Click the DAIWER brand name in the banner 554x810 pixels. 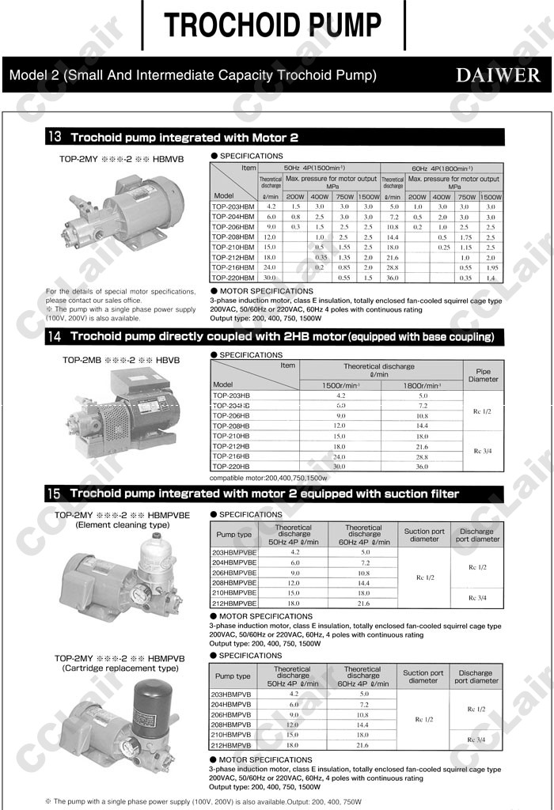click(x=498, y=76)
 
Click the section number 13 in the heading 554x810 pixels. click(x=55, y=137)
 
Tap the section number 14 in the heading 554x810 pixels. click(x=55, y=337)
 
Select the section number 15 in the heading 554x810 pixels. click(x=55, y=494)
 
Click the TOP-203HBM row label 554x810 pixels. click(x=233, y=206)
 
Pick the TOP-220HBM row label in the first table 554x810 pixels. click(x=233, y=278)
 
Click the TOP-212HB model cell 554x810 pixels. click(x=231, y=446)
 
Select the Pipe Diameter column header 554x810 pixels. click(x=482, y=375)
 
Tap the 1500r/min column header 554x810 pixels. click(x=341, y=385)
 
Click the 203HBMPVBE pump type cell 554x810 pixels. click(x=234, y=552)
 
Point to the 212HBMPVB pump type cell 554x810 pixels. click(x=232, y=745)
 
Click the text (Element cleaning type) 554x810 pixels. click(x=122, y=524)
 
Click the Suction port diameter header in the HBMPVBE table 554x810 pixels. click(x=423, y=535)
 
